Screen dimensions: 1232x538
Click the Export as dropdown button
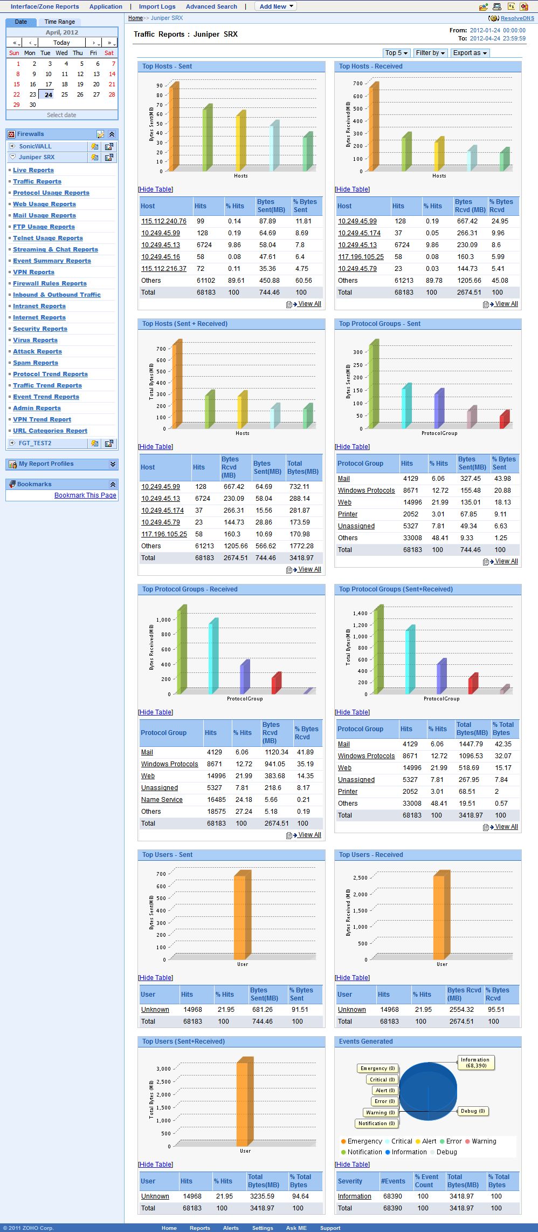(x=470, y=53)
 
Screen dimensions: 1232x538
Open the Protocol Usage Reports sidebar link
(x=51, y=193)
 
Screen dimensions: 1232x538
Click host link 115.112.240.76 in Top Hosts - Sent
(x=164, y=221)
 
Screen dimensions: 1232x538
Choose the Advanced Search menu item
(x=211, y=6)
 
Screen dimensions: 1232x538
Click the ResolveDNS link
(x=517, y=18)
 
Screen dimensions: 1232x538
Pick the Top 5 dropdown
(x=396, y=53)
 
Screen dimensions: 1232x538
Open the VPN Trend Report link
(x=42, y=419)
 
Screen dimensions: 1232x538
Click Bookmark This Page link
(x=85, y=495)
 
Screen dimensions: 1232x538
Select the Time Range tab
(x=60, y=22)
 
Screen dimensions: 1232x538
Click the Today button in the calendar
(x=61, y=43)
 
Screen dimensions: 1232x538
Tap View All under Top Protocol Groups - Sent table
(x=506, y=561)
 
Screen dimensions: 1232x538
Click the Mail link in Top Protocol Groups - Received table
(x=147, y=752)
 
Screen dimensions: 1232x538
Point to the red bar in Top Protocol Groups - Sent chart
(x=504, y=420)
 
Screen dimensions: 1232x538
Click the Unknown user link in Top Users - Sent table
(x=155, y=1010)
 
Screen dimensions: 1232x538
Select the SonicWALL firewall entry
(x=36, y=146)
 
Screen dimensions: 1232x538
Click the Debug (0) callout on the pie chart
(x=473, y=1111)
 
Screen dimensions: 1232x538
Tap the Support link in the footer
(x=330, y=1228)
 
